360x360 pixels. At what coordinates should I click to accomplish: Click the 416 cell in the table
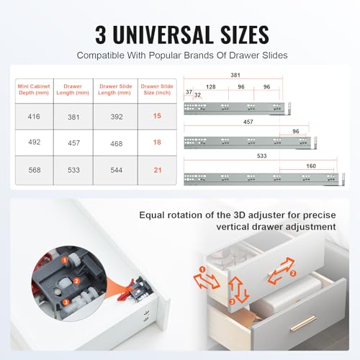(x=34, y=117)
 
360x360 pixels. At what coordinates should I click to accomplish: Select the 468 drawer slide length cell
(x=117, y=143)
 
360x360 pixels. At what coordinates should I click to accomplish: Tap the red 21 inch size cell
(x=158, y=170)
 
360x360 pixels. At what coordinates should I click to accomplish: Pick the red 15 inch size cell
(x=157, y=116)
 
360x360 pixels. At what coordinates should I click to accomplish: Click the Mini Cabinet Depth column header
(x=34, y=89)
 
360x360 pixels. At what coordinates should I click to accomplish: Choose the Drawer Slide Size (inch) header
(x=157, y=89)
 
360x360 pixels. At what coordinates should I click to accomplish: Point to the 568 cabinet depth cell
(x=35, y=170)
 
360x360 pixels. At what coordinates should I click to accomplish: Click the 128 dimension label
(x=211, y=87)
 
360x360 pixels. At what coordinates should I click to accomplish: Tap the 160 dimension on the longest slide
(x=311, y=166)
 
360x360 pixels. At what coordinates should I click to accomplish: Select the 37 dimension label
(x=189, y=92)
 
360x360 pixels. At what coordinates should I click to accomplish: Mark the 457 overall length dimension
(x=248, y=122)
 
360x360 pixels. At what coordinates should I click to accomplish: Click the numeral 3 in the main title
(x=101, y=35)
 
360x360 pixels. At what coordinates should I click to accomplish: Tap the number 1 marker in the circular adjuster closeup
(x=64, y=260)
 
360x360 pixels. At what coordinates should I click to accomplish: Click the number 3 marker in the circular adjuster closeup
(x=66, y=302)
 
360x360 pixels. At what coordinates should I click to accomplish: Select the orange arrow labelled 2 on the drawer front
(x=282, y=271)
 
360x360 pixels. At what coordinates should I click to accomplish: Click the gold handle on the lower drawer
(x=303, y=323)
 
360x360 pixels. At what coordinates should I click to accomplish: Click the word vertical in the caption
(x=233, y=227)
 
